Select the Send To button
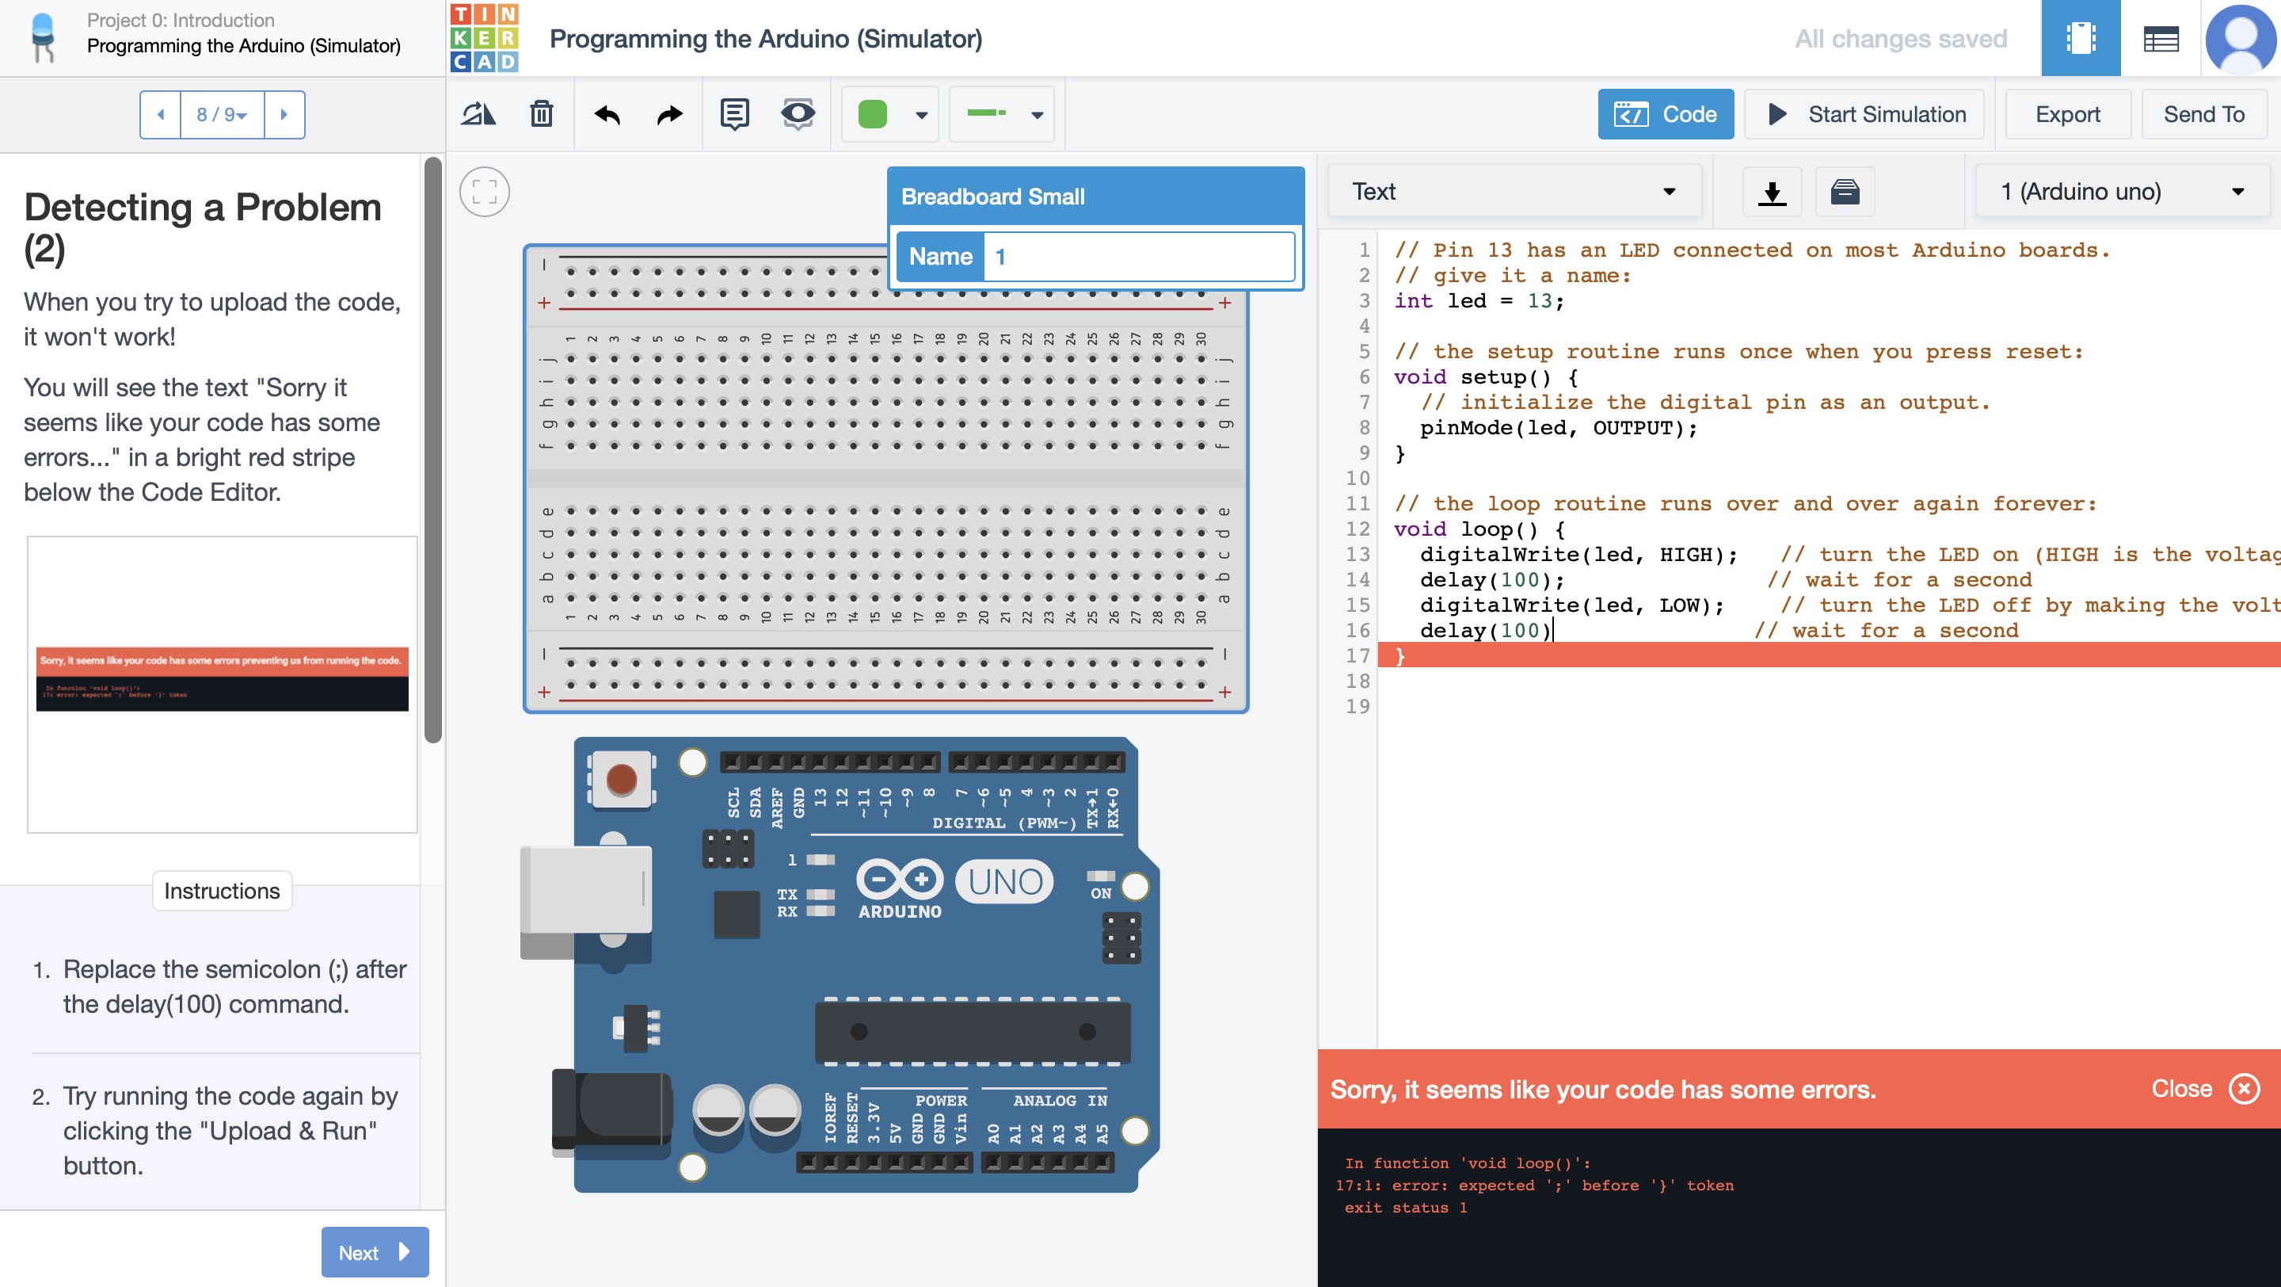click(2203, 114)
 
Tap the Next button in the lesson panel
click(375, 1251)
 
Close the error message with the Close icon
click(2244, 1089)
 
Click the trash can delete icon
click(541, 114)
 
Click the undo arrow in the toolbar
click(607, 114)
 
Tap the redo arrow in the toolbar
click(669, 114)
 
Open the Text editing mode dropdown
click(1514, 191)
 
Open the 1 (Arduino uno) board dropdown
click(2122, 191)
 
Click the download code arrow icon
click(1772, 191)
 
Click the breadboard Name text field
click(1138, 257)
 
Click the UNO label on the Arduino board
click(1005, 881)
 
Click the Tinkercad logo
click(483, 38)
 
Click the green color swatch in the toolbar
click(872, 114)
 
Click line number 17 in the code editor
click(1358, 656)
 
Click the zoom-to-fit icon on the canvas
click(485, 191)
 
